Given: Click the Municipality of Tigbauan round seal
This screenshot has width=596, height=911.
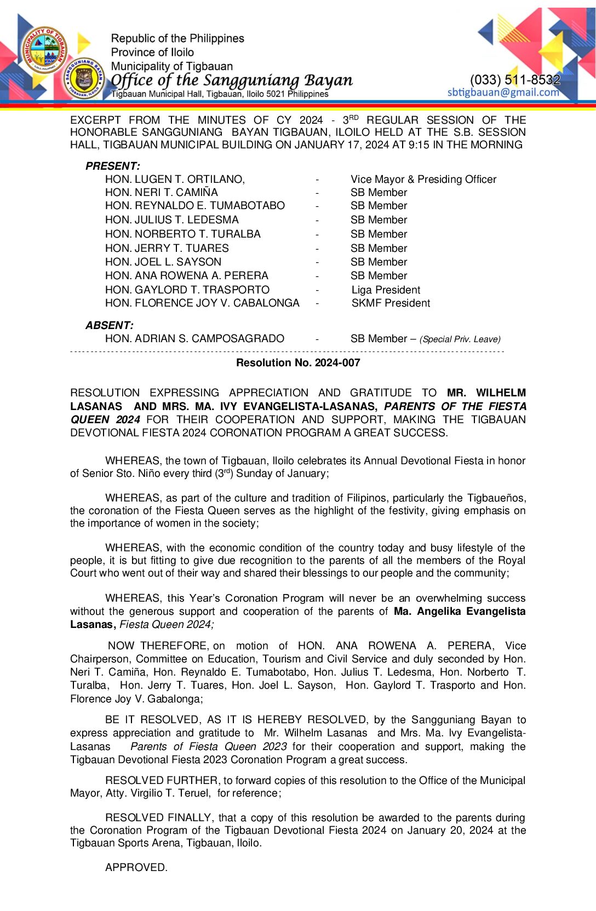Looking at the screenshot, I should click(x=45, y=50).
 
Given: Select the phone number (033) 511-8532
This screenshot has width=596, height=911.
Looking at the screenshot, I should click(x=515, y=80).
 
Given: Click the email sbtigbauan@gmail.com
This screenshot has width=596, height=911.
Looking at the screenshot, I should click(x=503, y=92).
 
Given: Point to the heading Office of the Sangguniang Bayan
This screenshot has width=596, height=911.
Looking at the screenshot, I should click(x=232, y=80).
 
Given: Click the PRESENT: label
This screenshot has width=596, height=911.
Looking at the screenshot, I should click(x=113, y=166).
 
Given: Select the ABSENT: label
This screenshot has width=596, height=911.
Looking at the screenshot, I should click(x=110, y=325).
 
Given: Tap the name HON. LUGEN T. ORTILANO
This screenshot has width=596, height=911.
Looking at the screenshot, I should click(x=175, y=179).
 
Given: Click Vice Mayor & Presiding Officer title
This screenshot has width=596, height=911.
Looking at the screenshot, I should click(x=423, y=179).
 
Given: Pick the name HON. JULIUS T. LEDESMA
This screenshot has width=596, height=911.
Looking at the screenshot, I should click(x=172, y=220).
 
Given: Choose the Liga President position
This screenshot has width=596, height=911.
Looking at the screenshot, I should click(x=386, y=290).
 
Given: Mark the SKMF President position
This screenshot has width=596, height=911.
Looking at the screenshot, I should click(x=391, y=303).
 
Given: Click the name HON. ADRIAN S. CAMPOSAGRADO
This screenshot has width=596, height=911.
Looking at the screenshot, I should click(x=194, y=338).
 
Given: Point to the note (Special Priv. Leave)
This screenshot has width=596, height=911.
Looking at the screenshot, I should click(x=460, y=339).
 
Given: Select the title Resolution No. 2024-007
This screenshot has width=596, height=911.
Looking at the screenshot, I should click(x=298, y=362).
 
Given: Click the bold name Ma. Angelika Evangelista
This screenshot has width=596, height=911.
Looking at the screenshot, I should click(x=459, y=611).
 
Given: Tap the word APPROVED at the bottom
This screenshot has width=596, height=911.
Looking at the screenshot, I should click(x=136, y=867).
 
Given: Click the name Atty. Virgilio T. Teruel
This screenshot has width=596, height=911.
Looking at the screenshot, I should click(x=170, y=793).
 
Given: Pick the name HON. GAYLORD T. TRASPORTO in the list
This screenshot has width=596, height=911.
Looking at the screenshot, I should click(x=187, y=290).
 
